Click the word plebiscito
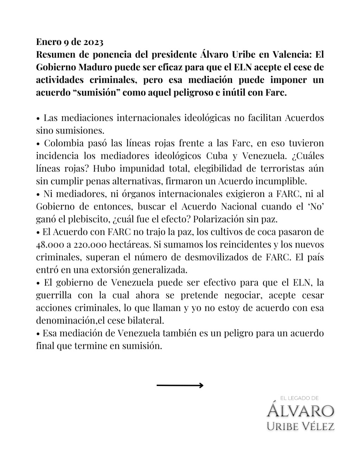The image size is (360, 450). [x=89, y=219]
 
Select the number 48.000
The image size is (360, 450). [x=49, y=244]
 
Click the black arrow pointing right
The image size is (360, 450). [x=180, y=385]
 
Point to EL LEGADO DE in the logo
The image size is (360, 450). [x=300, y=398]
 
